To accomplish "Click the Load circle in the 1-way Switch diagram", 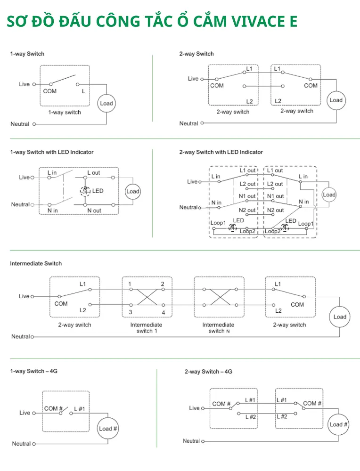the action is (106, 103).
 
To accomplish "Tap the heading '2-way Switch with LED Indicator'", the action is (221, 152).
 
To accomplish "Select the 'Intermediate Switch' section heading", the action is (36, 263).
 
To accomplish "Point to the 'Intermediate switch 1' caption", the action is (147, 328).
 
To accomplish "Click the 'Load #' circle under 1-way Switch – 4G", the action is (108, 429).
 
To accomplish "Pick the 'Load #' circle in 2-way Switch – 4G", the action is (338, 424).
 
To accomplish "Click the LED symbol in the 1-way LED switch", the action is (85, 191).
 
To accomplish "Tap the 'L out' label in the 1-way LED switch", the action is (94, 173).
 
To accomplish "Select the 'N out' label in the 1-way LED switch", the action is (94, 211).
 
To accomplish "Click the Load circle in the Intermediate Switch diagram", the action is (340, 317).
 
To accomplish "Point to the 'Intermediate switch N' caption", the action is (219, 328).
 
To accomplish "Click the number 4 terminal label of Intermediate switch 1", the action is (164, 312).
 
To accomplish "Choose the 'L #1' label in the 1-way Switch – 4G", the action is (80, 409).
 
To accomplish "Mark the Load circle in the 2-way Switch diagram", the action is (336, 100).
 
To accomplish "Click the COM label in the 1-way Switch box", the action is (50, 91).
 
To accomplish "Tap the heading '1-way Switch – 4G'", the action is (33, 371).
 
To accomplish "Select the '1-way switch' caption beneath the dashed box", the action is (65, 113).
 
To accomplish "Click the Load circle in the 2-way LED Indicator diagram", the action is (329, 195).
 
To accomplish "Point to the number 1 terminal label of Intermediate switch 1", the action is (130, 284).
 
